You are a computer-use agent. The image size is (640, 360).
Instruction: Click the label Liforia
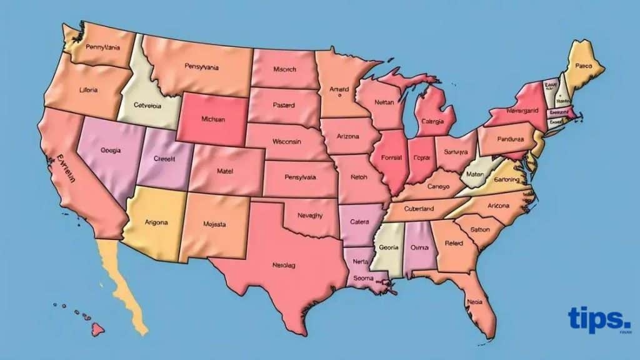(88, 90)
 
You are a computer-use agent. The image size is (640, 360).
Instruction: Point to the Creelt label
(164, 159)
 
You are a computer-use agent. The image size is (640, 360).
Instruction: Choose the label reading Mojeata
(214, 224)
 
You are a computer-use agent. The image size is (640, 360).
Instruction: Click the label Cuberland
(418, 209)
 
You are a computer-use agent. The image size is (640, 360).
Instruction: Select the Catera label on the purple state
(360, 221)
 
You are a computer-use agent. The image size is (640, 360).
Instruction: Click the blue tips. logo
(599, 321)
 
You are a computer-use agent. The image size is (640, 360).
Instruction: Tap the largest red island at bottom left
(98, 327)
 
